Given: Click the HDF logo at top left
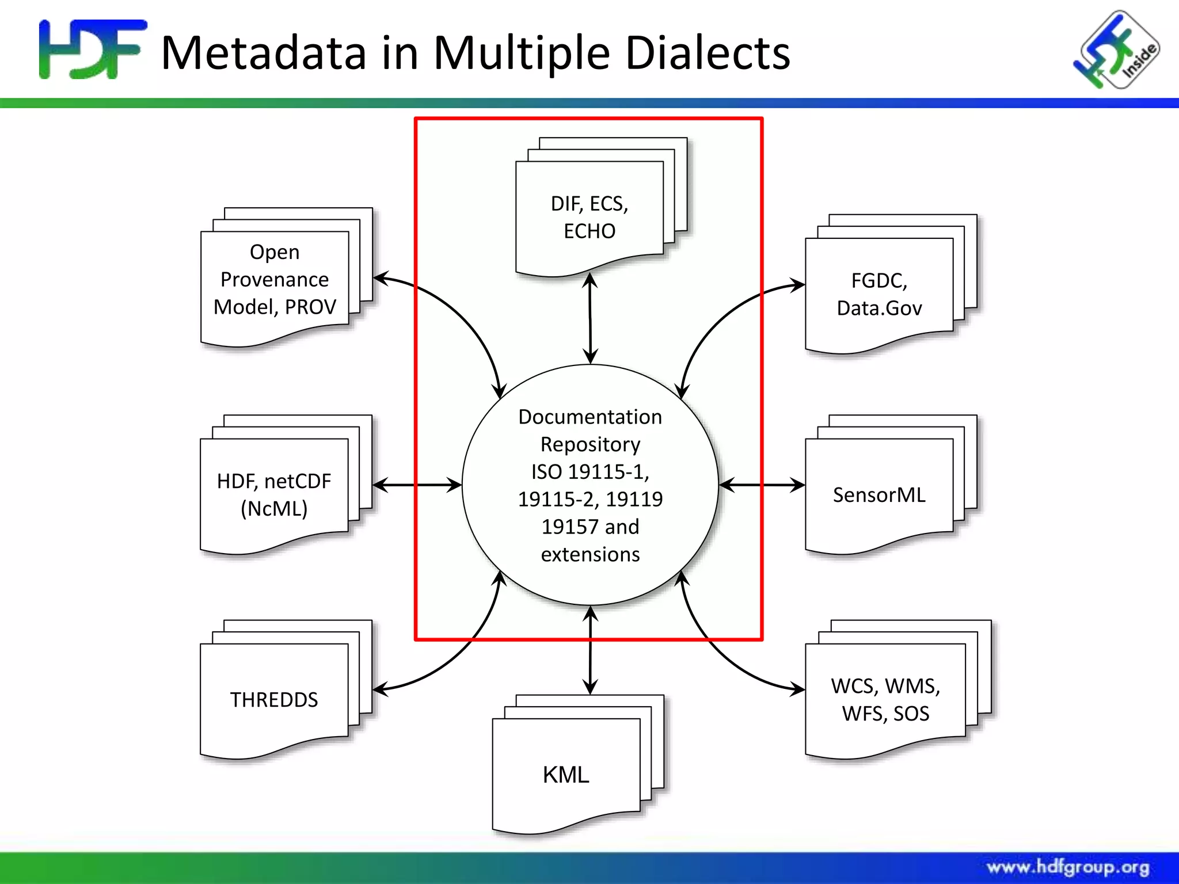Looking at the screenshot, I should (92, 49).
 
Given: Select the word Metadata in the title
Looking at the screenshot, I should (264, 53).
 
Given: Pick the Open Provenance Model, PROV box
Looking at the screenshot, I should (275, 280).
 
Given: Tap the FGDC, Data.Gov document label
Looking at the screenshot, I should (879, 294).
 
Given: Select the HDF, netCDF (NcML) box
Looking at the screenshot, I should (274, 494).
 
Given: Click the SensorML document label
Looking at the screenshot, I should (879, 495).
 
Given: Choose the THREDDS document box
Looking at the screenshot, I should (274, 699).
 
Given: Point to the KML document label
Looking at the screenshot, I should (566, 775).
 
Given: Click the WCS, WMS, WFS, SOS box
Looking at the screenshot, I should (885, 699).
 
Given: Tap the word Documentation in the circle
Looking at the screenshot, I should (590, 417).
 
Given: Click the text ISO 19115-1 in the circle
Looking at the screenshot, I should (590, 471).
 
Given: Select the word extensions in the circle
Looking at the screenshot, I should (590, 554).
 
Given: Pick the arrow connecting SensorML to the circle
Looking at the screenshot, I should (762, 485).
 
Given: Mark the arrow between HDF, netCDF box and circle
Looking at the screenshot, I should (417, 485).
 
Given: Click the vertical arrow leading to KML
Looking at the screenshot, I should (590, 650).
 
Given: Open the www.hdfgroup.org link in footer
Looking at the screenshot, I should (1068, 867).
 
